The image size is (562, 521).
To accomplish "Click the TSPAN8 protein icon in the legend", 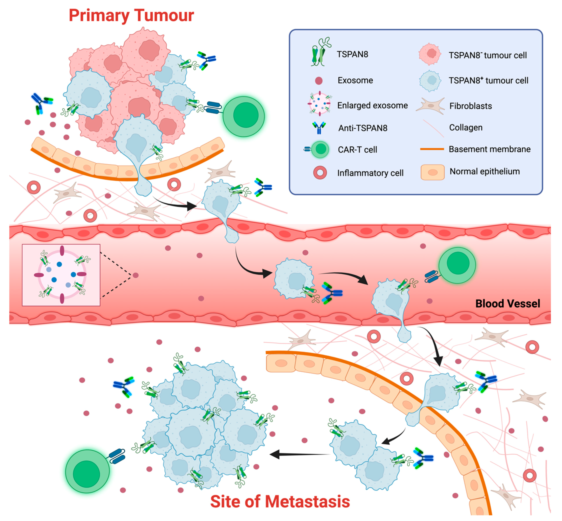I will (x=320, y=52).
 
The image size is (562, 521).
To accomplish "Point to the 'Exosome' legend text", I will (x=355, y=80).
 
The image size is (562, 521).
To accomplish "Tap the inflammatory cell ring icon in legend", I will (x=320, y=173).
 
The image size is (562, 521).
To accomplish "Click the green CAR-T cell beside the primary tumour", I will (x=244, y=116).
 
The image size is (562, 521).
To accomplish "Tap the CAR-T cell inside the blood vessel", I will (x=457, y=265).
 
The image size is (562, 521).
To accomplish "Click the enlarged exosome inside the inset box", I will (x=61, y=275).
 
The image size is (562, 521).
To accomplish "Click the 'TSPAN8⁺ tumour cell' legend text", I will (x=488, y=81).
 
